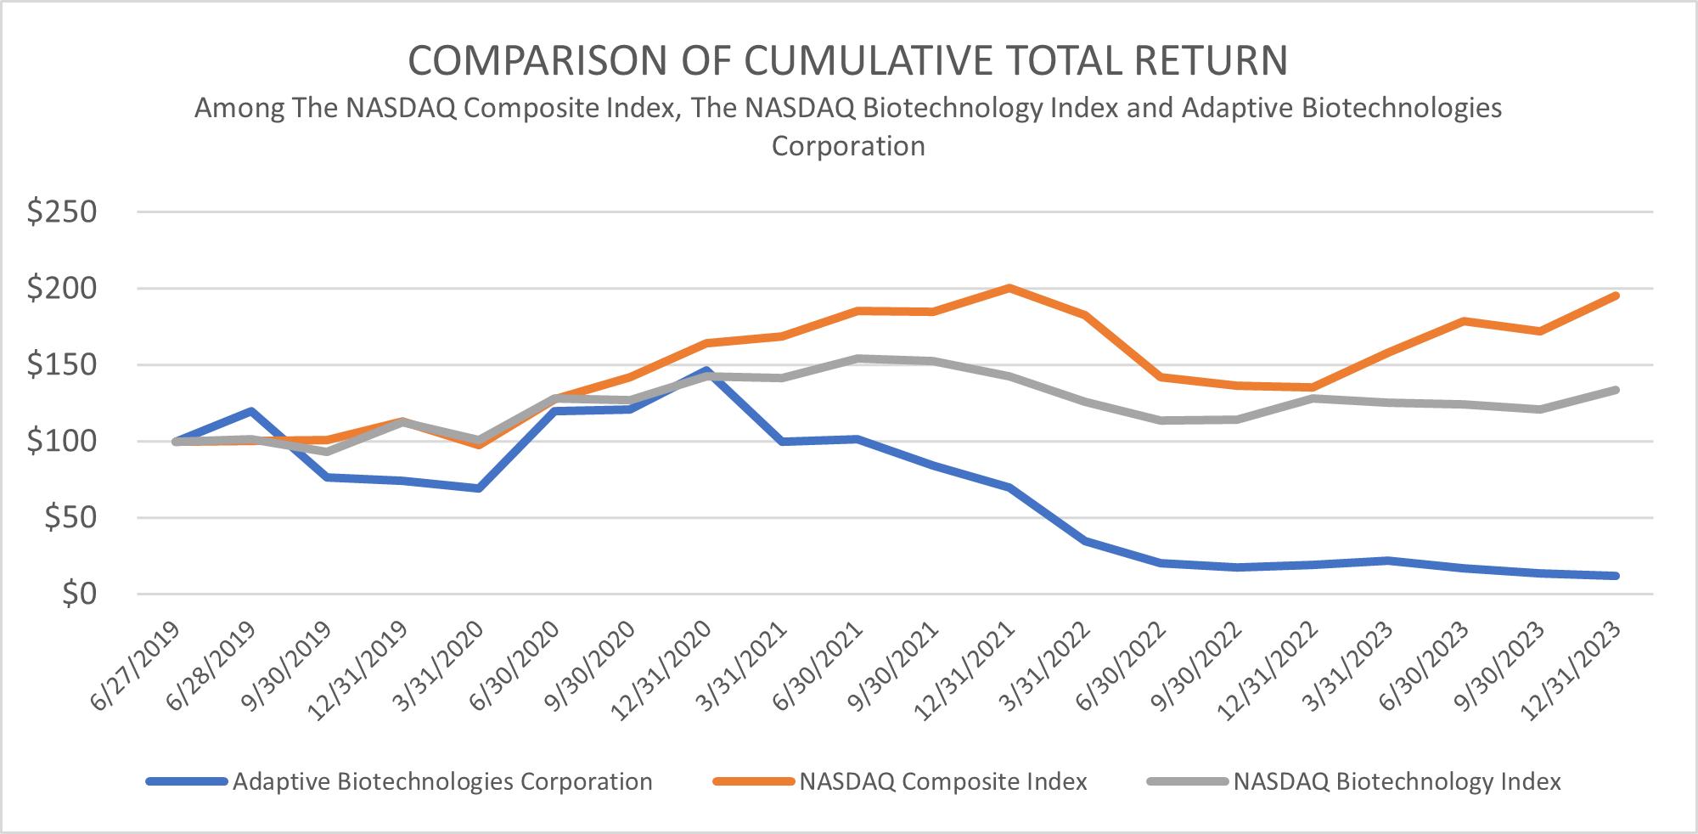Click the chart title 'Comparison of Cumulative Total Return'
847,61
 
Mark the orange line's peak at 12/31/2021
1009,288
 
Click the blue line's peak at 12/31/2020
706,371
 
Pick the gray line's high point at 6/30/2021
857,358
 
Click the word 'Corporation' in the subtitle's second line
847,146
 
